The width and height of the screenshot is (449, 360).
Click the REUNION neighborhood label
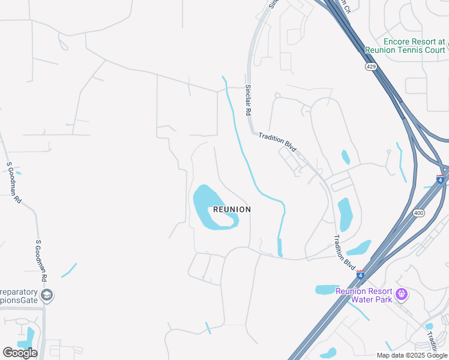[x=232, y=209]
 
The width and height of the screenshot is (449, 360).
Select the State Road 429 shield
[x=372, y=67]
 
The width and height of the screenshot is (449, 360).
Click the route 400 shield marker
[x=418, y=213]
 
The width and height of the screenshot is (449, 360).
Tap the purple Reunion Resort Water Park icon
[x=402, y=295]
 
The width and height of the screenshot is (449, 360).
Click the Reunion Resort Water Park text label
[x=364, y=295]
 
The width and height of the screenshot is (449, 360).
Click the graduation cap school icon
[x=47, y=295]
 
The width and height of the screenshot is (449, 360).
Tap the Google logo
[x=20, y=353]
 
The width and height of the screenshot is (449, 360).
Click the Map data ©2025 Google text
[x=412, y=355]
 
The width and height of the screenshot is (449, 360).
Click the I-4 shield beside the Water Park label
[x=360, y=275]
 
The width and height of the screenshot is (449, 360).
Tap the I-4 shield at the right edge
[x=440, y=179]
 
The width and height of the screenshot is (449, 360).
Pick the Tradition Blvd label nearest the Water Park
[x=344, y=252]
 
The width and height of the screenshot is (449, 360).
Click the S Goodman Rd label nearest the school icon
[x=41, y=261]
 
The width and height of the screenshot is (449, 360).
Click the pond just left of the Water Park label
[x=327, y=290]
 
